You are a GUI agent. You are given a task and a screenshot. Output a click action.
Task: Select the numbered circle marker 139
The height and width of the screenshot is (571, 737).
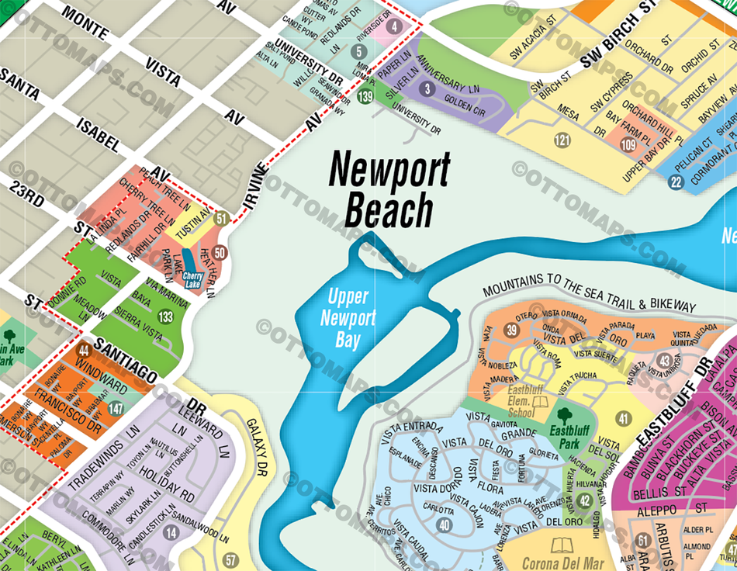366,97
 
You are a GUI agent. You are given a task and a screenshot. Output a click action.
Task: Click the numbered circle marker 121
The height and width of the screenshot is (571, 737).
562,140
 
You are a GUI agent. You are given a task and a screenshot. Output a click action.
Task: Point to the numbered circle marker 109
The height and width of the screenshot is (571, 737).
628,145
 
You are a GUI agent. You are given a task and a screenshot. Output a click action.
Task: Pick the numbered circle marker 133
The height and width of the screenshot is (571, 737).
165,317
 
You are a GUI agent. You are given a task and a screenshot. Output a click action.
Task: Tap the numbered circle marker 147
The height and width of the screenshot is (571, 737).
116,409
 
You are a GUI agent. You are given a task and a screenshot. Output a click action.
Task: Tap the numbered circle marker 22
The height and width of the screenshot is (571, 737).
676,182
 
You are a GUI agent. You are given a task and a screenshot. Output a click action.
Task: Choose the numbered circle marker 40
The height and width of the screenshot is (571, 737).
444,525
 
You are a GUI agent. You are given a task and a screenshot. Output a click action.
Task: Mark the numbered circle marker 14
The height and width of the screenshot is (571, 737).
171,532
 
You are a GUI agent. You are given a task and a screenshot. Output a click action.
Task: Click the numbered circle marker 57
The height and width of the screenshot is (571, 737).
230,559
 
